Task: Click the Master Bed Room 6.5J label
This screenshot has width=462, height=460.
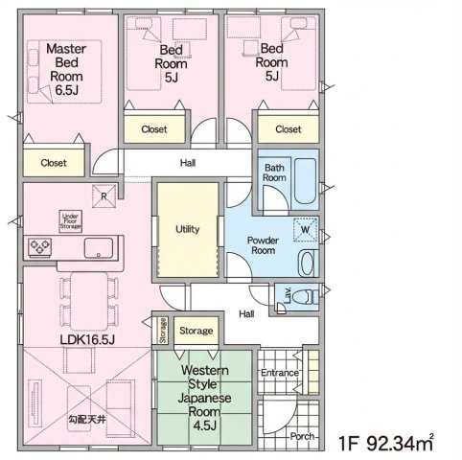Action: tap(66, 69)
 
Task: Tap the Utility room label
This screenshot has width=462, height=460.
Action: tap(188, 229)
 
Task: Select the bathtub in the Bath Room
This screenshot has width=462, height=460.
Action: tap(305, 181)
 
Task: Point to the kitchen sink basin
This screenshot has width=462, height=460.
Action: tap(99, 248)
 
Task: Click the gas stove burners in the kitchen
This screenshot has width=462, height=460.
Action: tap(40, 247)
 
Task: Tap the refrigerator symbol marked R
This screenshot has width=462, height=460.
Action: tap(104, 196)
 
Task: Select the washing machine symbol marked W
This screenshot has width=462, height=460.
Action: tap(306, 230)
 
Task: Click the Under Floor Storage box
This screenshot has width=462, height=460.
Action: tap(70, 221)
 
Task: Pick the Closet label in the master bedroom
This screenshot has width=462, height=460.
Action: tap(54, 163)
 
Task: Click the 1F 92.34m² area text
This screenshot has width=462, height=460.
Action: tap(386, 443)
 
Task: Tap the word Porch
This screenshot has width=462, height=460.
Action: tap(302, 436)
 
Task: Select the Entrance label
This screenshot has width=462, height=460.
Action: tap(280, 373)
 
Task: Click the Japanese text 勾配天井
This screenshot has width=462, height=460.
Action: tap(87, 420)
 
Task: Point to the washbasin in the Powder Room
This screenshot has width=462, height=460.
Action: tap(308, 264)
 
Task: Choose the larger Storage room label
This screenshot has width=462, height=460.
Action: tap(196, 331)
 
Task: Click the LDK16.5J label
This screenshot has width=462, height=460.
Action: tap(87, 339)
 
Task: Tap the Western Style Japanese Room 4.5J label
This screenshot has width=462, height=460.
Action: tap(204, 398)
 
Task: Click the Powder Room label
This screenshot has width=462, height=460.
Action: tap(263, 245)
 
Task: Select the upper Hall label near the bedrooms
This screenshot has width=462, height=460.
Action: tap(188, 163)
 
